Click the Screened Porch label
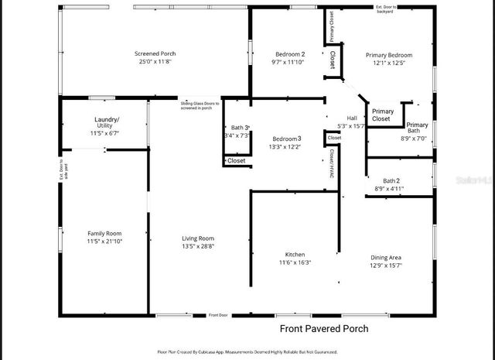155,54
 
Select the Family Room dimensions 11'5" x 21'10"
104,242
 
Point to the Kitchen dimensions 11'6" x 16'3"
295,263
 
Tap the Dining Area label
385,258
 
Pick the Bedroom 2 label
291,54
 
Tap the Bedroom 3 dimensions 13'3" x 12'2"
285,147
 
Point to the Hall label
352,118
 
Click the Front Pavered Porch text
324,329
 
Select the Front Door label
219,315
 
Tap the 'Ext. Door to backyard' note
385,9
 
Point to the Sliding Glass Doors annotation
200,105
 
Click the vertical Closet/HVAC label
332,163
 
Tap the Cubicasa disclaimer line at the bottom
247,352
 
